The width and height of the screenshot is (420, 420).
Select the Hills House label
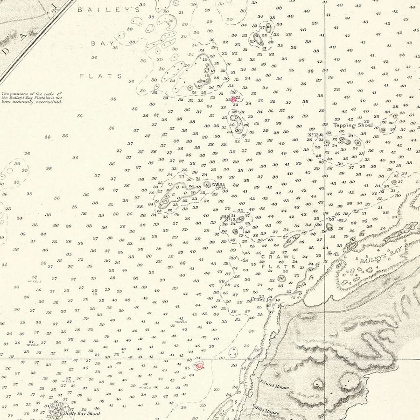point(267,413)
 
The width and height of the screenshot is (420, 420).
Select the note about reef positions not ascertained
point(31,98)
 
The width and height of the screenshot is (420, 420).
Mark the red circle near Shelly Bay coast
point(200,366)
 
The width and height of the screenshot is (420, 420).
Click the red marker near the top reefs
point(234,99)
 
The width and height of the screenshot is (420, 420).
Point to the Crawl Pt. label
point(258,299)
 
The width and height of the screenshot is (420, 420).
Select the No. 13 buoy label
point(221,188)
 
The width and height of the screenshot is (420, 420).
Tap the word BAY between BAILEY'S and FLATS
point(99,42)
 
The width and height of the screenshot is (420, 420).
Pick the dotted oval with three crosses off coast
point(292,241)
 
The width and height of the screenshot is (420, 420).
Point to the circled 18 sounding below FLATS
point(281,278)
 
